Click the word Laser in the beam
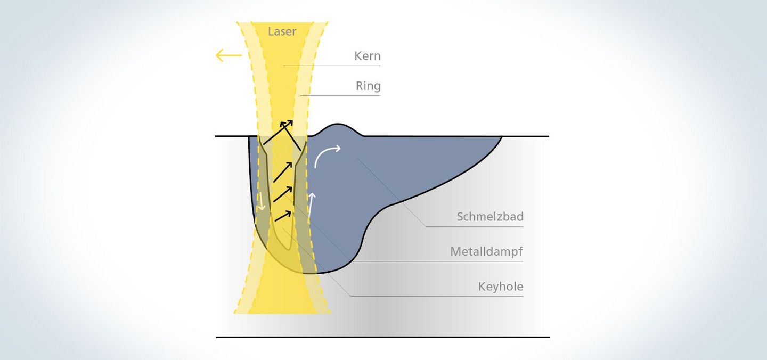[x=282, y=31]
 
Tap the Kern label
[x=368, y=56]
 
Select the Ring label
[x=368, y=86]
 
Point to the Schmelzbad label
[x=490, y=216]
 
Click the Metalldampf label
[x=487, y=251]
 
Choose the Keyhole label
[x=501, y=287]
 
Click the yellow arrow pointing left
[x=229, y=55]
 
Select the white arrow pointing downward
[x=261, y=201]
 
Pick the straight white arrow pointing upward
[x=311, y=206]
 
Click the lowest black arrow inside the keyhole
[x=283, y=216]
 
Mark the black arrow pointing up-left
[x=290, y=136]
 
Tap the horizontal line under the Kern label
[x=332, y=66]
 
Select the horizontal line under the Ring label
[x=340, y=95]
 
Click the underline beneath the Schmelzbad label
[x=475, y=226]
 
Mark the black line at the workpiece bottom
[x=382, y=338]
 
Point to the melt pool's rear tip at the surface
[x=502, y=136]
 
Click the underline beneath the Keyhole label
[x=437, y=296]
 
